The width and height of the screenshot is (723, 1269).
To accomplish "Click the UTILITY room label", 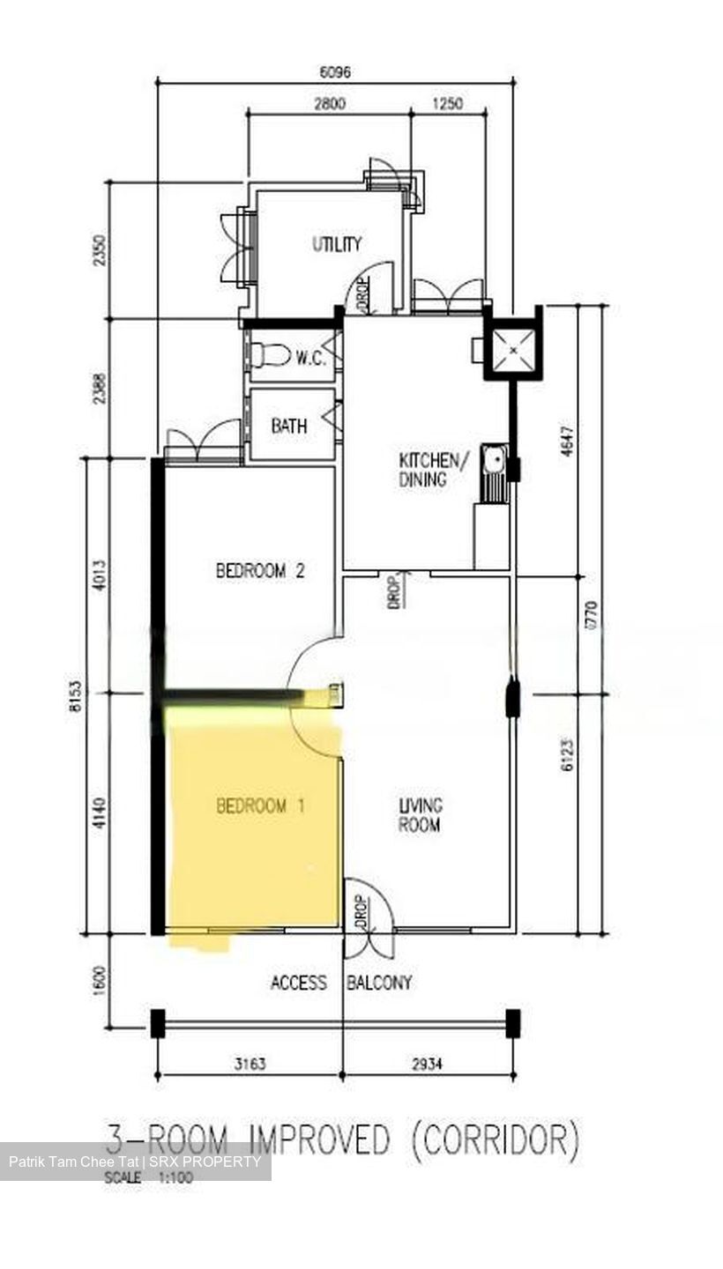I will click(336, 244).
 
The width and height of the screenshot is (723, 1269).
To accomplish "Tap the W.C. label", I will click(310, 358).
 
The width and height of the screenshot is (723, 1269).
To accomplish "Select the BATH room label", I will click(289, 426).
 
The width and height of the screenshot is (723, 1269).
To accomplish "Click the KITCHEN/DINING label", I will click(429, 470).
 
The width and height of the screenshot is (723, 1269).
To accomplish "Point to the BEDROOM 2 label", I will click(260, 570).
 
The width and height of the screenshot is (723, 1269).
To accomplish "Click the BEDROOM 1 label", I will click(260, 805).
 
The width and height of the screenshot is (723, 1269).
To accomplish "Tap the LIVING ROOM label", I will click(420, 815).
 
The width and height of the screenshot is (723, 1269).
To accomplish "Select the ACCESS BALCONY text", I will click(340, 983).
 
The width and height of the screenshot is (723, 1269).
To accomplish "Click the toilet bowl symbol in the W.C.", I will click(270, 355).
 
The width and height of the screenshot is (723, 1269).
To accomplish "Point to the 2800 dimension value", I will click(329, 103).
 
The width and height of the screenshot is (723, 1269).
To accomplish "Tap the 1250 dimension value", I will click(448, 103).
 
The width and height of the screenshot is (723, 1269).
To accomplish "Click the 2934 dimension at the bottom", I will click(427, 1064).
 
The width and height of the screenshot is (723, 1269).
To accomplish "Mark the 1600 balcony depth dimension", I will click(99, 979).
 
